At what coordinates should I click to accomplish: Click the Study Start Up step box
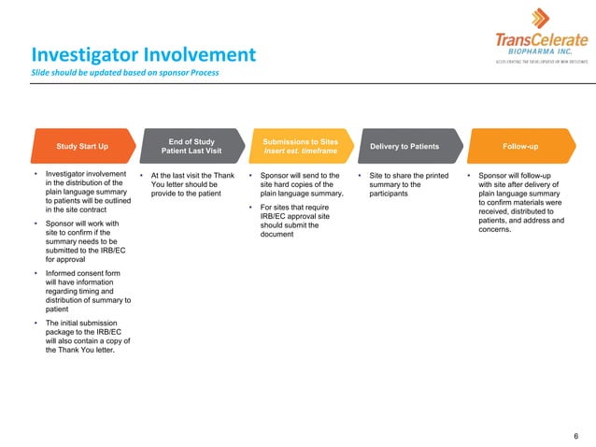[81, 147]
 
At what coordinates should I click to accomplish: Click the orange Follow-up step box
[518, 147]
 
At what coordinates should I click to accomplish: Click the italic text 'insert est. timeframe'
[301, 151]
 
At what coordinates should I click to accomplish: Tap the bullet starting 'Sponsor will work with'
[84, 242]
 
